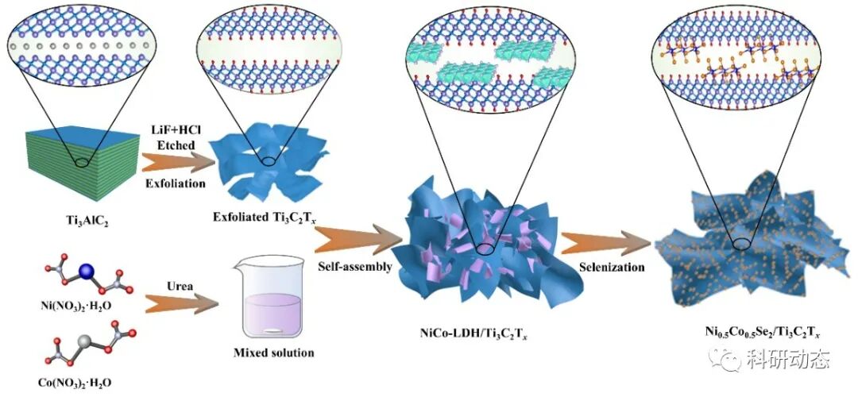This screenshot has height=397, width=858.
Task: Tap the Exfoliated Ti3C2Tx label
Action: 259,216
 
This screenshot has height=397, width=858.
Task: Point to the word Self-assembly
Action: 353,267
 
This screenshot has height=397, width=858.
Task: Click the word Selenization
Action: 611,268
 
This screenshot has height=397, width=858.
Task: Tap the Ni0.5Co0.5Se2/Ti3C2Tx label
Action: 752,332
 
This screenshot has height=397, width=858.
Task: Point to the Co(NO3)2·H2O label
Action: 73,383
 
